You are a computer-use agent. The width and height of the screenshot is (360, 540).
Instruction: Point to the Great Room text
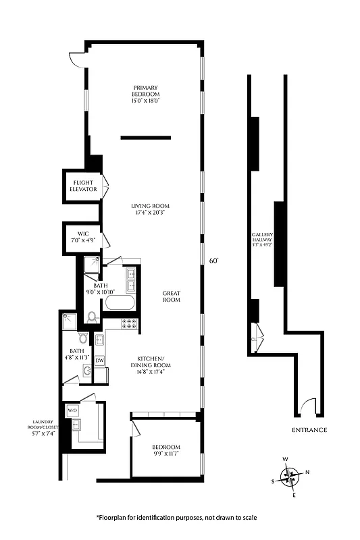tap(172, 296)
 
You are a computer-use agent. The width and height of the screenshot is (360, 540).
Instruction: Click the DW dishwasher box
tap(99, 360)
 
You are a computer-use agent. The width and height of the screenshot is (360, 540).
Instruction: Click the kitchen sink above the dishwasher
tap(99, 340)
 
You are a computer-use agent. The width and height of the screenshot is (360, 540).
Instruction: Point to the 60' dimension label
tap(214, 261)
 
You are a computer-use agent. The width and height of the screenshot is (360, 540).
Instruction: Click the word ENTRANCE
tap(309, 430)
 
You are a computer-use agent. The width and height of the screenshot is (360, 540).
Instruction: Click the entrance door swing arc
tap(308, 406)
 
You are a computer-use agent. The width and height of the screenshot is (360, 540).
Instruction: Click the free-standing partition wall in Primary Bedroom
tap(145, 137)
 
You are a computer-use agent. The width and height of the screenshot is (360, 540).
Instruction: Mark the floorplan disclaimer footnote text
tap(176, 517)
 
